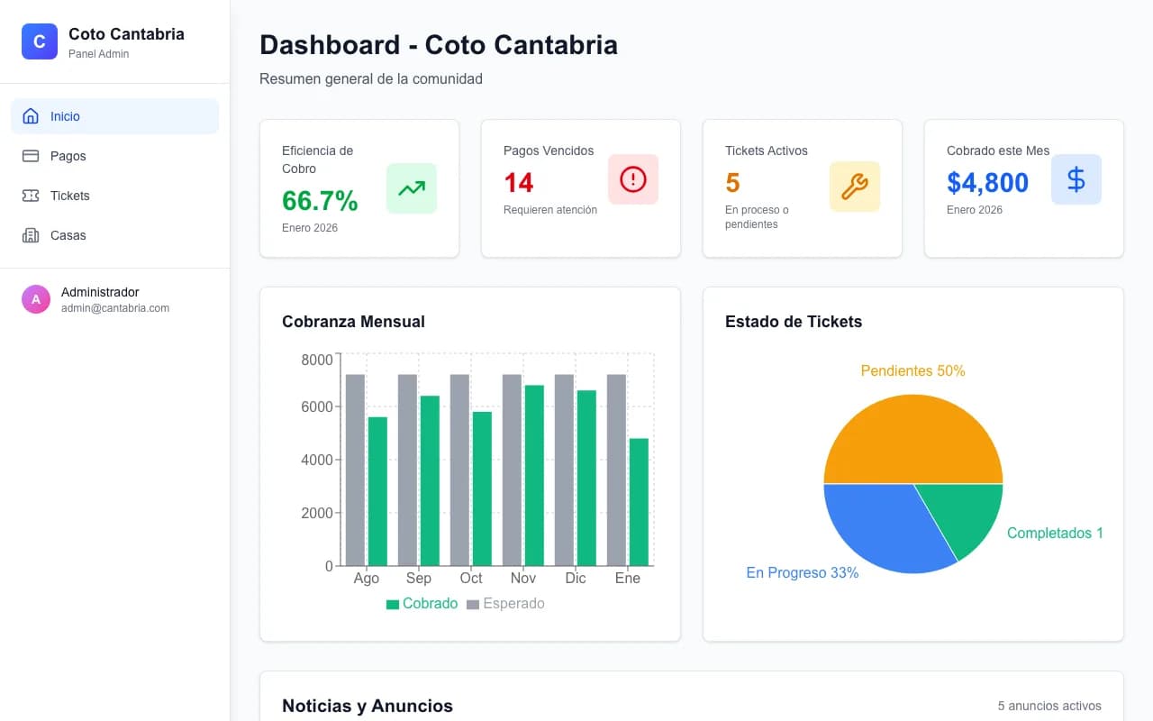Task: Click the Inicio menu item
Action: pos(114,116)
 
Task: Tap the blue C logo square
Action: pos(40,41)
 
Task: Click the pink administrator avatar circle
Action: pos(36,299)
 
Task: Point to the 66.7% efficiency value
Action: pos(320,200)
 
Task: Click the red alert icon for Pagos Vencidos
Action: pos(633,179)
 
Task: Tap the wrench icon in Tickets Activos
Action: pos(855,187)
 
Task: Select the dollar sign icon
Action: pos(1076,179)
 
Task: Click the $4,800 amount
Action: pos(987,182)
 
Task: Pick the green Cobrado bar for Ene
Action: pos(639,502)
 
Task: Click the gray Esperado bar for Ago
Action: pos(355,470)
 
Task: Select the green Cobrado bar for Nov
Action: pos(534,475)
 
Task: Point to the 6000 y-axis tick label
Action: pos(316,406)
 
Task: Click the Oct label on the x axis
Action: pos(471,578)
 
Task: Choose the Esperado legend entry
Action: pos(505,604)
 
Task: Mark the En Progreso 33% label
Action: pos(803,572)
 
